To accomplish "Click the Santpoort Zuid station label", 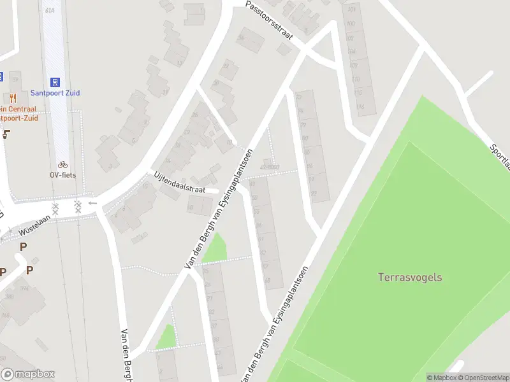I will click(55, 93).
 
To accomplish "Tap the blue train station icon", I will click(55, 81).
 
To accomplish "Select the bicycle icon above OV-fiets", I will click(62, 164).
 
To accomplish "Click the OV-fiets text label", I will click(62, 174).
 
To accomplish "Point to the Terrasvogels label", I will click(410, 278).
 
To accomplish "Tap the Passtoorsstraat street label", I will click(270, 20).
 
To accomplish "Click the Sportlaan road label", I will click(500, 157).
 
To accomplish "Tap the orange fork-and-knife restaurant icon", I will click(12, 97).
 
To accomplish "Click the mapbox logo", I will click(28, 374).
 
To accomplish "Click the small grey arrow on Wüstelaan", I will click(92, 203).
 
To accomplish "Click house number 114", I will click(361, 106).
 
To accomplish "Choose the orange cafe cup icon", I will click(7, 134).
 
